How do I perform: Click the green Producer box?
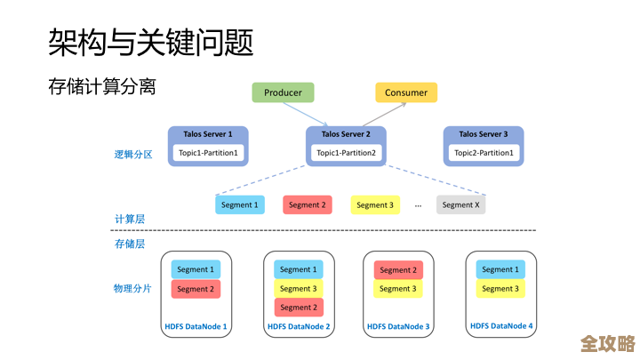click(x=283, y=92)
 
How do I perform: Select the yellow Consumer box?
click(x=407, y=92)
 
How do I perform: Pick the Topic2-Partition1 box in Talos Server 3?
click(x=484, y=153)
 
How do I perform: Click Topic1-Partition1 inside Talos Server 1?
click(x=208, y=153)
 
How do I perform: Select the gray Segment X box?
click(x=460, y=204)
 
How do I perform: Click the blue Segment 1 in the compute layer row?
click(x=240, y=204)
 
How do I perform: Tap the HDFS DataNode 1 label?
click(x=196, y=327)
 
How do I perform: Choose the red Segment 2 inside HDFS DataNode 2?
click(x=298, y=308)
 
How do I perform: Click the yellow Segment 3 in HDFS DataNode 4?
click(x=500, y=289)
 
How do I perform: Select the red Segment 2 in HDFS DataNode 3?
click(x=398, y=269)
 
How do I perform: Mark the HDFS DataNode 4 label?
click(x=500, y=326)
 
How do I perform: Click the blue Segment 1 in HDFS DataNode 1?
click(x=196, y=269)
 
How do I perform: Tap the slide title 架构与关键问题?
click(x=150, y=41)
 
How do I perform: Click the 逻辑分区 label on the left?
click(x=133, y=154)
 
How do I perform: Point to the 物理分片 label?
click(x=132, y=289)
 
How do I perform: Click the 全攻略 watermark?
click(x=607, y=343)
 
